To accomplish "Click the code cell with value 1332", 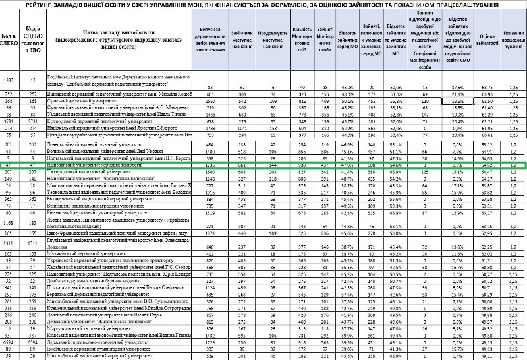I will click(x=10, y=80).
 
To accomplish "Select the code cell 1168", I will click(x=10, y=225).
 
